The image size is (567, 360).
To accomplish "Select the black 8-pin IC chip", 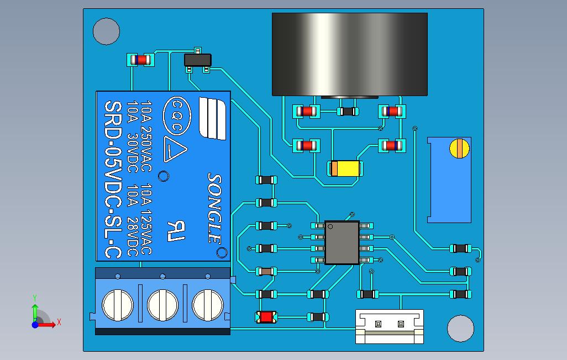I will point(342,242).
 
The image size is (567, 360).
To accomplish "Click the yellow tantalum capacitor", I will point(345,168).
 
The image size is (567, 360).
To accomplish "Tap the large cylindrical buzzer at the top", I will point(349,54).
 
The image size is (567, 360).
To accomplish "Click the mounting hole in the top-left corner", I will point(106,31).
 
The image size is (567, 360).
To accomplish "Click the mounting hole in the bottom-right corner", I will point(460,329).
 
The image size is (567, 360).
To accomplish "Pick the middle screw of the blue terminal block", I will point(162,304).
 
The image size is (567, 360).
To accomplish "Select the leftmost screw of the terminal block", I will point(118,304).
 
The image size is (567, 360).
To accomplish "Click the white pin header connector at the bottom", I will point(389,325).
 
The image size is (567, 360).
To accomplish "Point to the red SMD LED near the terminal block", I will point(267,317).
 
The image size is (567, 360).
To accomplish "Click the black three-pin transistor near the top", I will point(197,60).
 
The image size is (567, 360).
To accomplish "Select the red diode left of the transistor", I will point(140,60).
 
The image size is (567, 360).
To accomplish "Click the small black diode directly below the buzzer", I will point(348,112).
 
